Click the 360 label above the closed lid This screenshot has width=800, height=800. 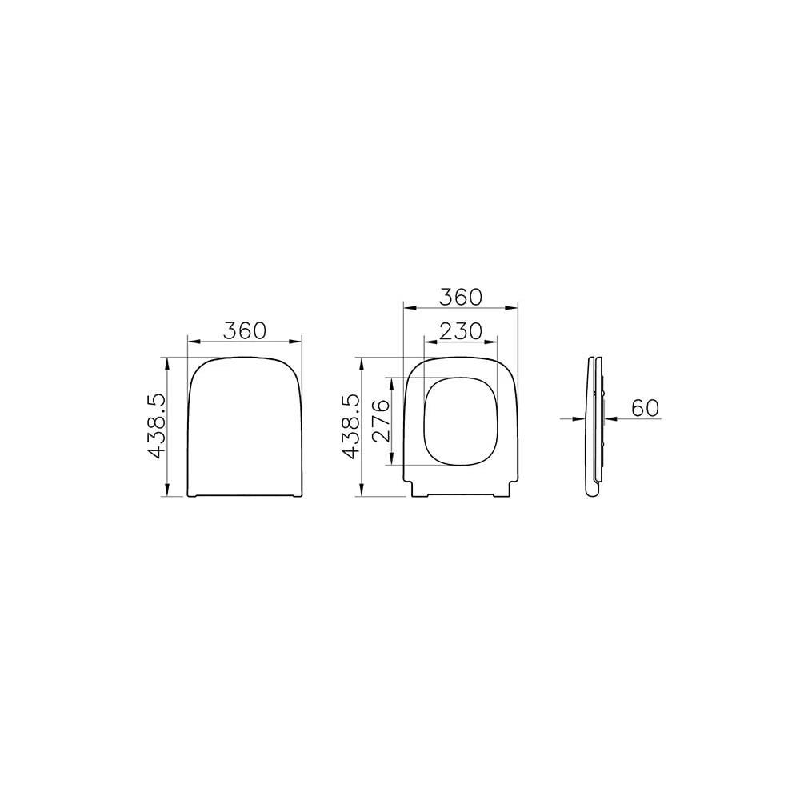tap(244, 329)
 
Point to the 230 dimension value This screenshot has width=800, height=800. tap(460, 329)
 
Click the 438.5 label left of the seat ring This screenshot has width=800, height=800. tap(349, 427)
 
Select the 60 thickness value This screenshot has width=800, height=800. tap(644, 407)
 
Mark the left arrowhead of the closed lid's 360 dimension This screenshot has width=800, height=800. tap(190, 342)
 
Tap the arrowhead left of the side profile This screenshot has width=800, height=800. tap(582, 417)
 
